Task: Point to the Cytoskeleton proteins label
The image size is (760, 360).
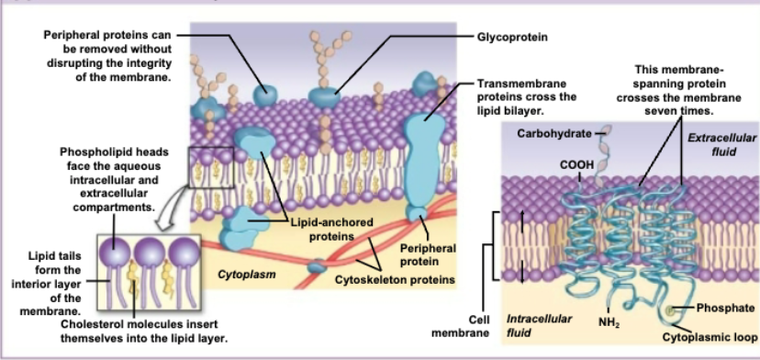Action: pyautogui.click(x=395, y=278)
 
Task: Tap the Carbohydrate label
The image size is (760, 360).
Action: pyautogui.click(x=553, y=133)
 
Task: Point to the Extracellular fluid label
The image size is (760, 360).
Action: pyautogui.click(x=722, y=143)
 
